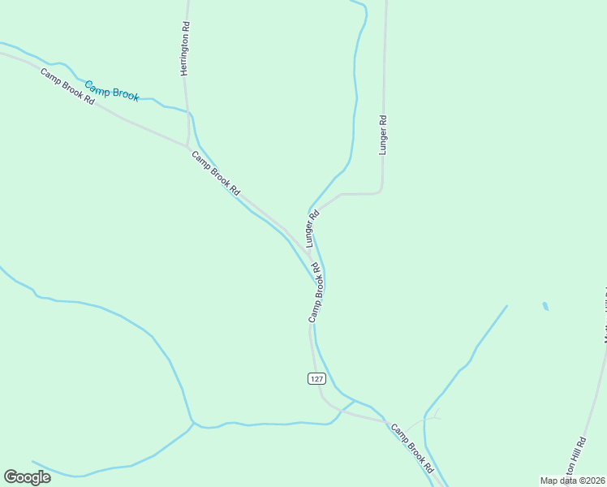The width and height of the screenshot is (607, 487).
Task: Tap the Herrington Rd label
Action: coord(185,49)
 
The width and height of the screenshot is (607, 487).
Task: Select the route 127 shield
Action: coord(316,378)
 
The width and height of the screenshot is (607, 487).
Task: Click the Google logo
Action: coord(27,477)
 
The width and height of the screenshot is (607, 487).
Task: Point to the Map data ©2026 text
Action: coord(573,480)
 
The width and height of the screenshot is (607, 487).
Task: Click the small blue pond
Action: coord(545,307)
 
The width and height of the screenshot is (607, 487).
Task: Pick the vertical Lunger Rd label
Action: coord(384,134)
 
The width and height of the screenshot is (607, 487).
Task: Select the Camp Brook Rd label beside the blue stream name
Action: coord(68,87)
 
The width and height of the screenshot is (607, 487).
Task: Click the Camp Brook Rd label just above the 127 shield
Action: coord(320,291)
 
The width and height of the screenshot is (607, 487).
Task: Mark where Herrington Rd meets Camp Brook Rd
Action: coord(188,147)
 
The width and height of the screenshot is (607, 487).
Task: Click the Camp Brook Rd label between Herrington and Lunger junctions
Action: coord(216,172)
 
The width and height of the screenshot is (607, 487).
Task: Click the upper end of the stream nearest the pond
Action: coord(507,306)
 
